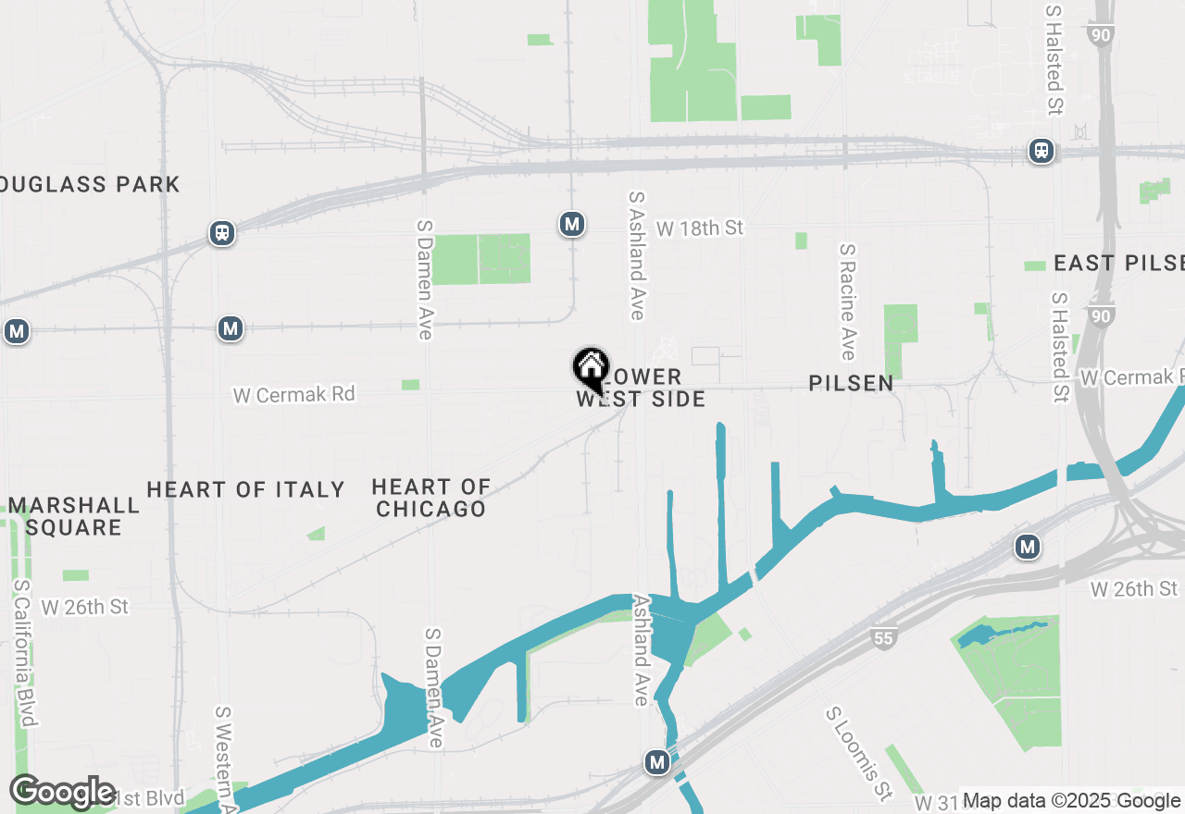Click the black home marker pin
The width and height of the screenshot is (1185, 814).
[x=591, y=369]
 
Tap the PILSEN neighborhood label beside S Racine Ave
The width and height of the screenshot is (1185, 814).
[x=851, y=383]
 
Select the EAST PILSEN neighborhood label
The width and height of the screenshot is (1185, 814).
[x=1118, y=264]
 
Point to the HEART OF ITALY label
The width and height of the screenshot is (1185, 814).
[x=245, y=490]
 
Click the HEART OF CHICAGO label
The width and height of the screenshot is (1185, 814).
[x=431, y=498]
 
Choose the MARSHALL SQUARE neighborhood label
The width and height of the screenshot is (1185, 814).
[x=74, y=516]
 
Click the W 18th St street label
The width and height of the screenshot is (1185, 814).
[x=700, y=228]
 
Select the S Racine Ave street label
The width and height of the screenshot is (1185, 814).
[x=847, y=302]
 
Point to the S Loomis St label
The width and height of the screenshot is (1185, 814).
[x=858, y=754]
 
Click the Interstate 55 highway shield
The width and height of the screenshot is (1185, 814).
[x=884, y=636]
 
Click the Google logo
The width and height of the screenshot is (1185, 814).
[x=63, y=792]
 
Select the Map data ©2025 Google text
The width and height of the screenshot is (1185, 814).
[x=1071, y=801]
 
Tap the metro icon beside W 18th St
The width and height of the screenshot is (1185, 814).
[x=572, y=223]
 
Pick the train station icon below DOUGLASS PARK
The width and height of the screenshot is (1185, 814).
[x=221, y=232]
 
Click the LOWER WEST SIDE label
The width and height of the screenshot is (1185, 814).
[x=641, y=388]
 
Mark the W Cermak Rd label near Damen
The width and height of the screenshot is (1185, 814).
[x=293, y=395]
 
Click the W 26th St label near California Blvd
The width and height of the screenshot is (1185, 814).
[x=84, y=607]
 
